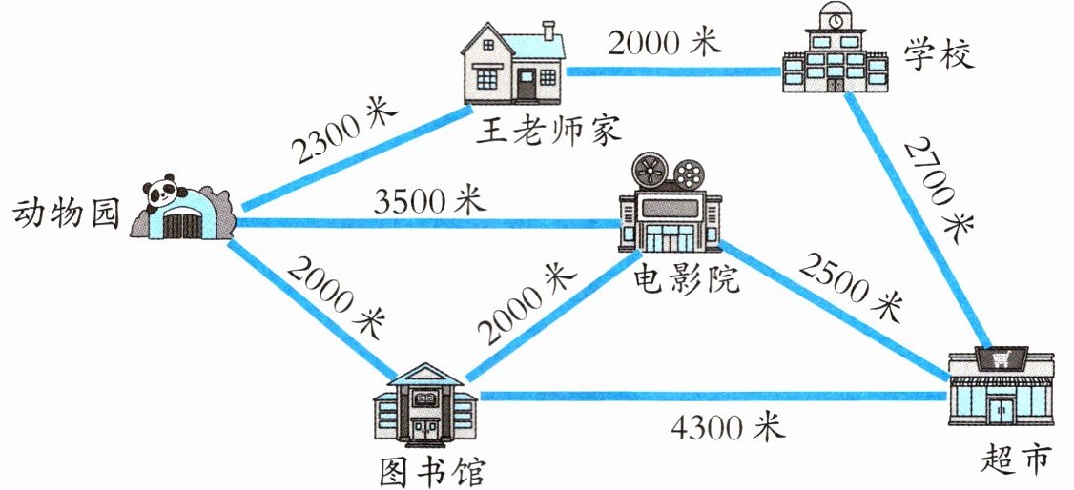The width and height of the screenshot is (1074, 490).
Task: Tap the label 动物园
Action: click(x=66, y=215)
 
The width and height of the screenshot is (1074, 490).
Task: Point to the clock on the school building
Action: click(x=836, y=20)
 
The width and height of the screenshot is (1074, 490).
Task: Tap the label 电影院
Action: click(x=686, y=278)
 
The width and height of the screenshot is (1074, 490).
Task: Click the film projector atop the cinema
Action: click(x=668, y=173)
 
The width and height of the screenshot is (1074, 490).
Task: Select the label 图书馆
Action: click(x=429, y=469)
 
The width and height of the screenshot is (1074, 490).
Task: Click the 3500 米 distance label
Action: click(x=430, y=200)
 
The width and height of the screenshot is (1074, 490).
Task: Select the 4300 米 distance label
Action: click(x=728, y=426)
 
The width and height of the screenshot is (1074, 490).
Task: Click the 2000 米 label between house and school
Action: click(x=666, y=43)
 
